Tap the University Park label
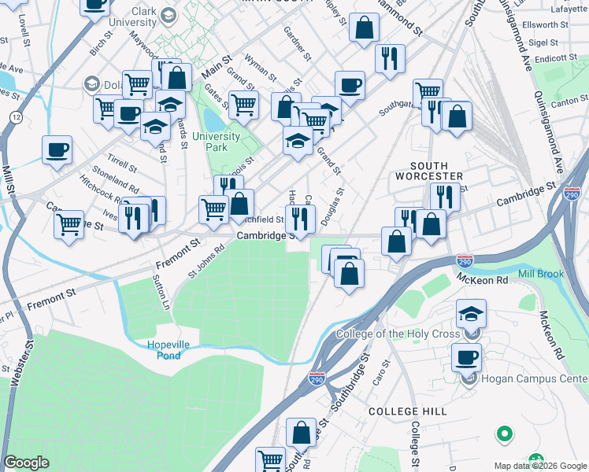coord(210,142)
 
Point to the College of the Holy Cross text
coord(398,334)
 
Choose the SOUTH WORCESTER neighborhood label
coord(429,171)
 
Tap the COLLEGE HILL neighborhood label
coord(407,411)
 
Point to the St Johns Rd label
coord(206,260)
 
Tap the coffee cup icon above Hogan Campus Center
coord(466,357)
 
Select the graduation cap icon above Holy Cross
coord(470,314)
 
